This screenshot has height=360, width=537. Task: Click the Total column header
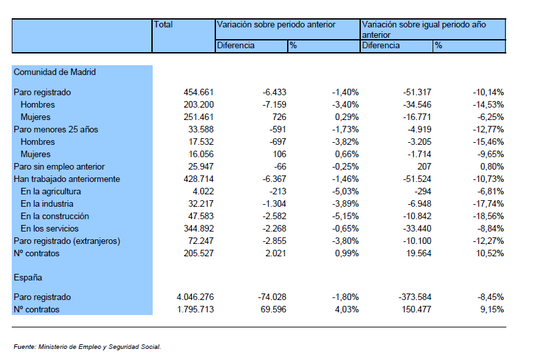[163, 25]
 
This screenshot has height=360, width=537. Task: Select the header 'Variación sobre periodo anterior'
[276, 25]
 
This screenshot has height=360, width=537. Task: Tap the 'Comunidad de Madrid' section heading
[54, 72]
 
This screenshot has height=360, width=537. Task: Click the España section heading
[28, 278]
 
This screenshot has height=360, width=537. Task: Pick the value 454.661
[198, 92]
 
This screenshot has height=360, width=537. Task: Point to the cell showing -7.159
[274, 104]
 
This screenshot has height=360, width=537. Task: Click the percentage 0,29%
[347, 117]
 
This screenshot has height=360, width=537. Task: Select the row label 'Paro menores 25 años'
[56, 129]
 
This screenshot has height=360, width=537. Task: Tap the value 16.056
[201, 155]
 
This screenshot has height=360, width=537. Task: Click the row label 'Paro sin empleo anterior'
[59, 167]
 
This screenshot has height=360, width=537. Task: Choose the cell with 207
[424, 167]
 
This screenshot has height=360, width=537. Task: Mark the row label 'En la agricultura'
[51, 191]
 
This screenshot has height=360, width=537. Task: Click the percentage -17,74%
[488, 204]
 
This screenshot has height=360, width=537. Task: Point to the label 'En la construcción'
[55, 217]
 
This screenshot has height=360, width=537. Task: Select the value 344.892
[198, 229]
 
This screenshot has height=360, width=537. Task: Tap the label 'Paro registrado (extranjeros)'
[67, 241]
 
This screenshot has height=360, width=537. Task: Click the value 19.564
[419, 253]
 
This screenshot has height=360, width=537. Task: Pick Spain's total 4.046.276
[195, 297]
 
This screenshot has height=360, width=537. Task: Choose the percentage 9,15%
[492, 309]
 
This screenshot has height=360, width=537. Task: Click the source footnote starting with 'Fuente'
[87, 347]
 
